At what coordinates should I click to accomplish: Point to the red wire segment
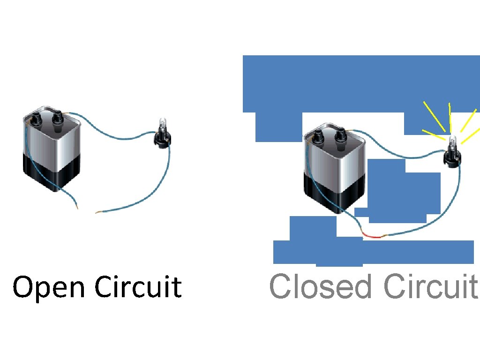click(x=373, y=237)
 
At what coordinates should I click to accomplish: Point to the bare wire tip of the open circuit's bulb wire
click(x=97, y=213)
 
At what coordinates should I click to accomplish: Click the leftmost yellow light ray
click(x=434, y=116)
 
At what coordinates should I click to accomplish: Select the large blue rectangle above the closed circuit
click(x=361, y=83)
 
